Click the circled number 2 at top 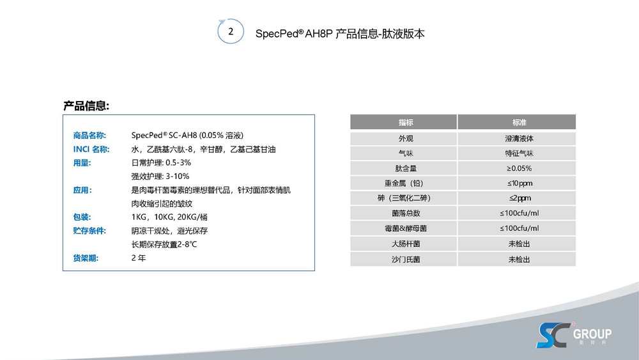tap(231, 31)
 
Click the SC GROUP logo tap(573, 334)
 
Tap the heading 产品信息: tap(86, 106)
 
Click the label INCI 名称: tap(91, 149)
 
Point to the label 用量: tap(82, 162)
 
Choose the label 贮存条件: tap(89, 230)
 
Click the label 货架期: tap(86, 258)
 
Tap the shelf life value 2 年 tap(138, 258)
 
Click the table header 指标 tap(405, 122)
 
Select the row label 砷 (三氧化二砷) tap(405, 198)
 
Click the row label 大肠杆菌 tap(405, 244)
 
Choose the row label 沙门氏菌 tap(405, 259)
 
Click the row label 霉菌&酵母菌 tap(405, 228)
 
